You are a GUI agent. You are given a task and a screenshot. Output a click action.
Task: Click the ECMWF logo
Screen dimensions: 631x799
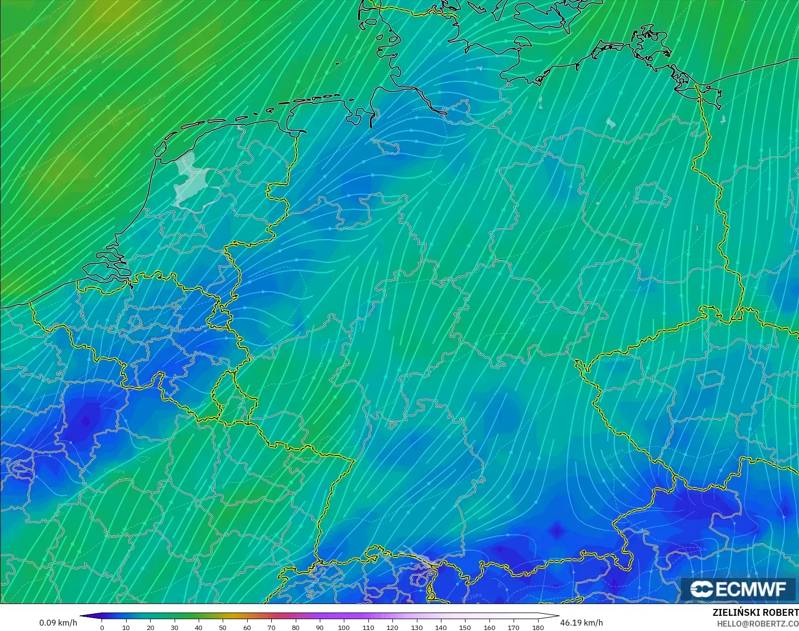(738, 589)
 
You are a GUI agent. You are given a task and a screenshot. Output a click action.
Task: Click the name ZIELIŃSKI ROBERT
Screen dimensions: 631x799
(755, 613)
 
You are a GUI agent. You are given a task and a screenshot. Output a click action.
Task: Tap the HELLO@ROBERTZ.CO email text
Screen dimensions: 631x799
(758, 624)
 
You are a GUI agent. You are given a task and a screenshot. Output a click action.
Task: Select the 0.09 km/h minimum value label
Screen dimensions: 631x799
(58, 623)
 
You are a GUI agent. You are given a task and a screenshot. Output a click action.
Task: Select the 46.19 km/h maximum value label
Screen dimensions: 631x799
(581, 623)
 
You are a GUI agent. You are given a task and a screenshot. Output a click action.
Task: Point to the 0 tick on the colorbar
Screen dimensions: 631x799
(102, 627)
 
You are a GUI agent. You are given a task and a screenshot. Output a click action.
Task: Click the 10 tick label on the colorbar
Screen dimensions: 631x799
(126, 627)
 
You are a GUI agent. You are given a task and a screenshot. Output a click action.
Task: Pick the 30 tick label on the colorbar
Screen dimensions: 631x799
(175, 627)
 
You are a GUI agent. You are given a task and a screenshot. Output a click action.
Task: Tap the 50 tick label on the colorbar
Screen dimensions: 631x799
(223, 627)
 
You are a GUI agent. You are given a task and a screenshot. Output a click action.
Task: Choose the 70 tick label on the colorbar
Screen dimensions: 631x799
(271, 627)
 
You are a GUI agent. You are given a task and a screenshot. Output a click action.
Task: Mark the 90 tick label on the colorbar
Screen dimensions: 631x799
(320, 627)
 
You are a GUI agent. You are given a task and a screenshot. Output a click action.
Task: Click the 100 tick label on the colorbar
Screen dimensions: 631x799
(344, 627)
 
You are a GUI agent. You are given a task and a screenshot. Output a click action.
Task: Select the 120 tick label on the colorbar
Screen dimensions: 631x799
(392, 627)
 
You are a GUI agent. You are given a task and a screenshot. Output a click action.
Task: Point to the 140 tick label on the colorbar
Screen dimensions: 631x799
(441, 627)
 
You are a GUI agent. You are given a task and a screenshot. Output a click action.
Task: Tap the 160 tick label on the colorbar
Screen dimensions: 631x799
(490, 627)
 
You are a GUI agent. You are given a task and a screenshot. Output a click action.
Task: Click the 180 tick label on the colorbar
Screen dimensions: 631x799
(538, 627)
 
